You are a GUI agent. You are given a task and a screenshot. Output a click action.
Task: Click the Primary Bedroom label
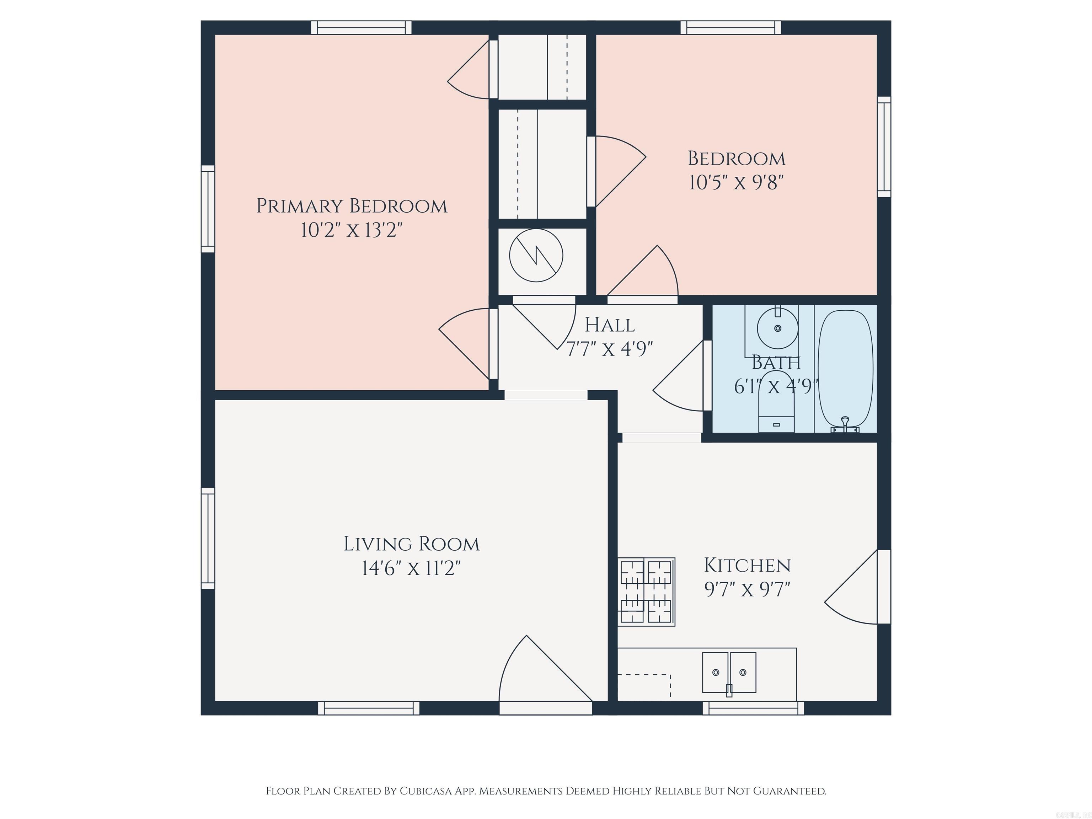(x=352, y=206)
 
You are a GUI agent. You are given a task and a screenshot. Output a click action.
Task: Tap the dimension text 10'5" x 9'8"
(x=736, y=183)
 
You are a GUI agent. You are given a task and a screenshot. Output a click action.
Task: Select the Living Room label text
(x=411, y=544)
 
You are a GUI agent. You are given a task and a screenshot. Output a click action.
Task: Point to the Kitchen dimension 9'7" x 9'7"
(x=747, y=589)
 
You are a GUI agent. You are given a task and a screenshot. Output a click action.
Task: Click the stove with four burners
(x=646, y=591)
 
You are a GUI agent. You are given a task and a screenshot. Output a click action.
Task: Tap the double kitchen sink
(x=729, y=673)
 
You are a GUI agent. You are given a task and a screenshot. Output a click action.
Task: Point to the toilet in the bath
(x=776, y=402)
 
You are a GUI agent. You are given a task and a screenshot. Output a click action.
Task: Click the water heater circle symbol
(x=536, y=255)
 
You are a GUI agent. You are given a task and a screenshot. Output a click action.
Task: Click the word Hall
(x=610, y=325)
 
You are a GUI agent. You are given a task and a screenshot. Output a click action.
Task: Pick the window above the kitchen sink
(x=753, y=708)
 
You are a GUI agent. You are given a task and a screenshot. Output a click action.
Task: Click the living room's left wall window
(x=208, y=538)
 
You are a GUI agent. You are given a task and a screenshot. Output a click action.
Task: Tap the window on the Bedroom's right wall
(x=884, y=146)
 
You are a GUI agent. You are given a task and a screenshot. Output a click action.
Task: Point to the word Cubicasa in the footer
(x=425, y=791)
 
